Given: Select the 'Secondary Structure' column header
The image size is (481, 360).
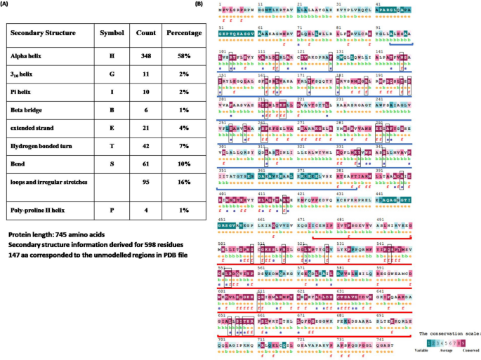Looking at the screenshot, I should (44, 33).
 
